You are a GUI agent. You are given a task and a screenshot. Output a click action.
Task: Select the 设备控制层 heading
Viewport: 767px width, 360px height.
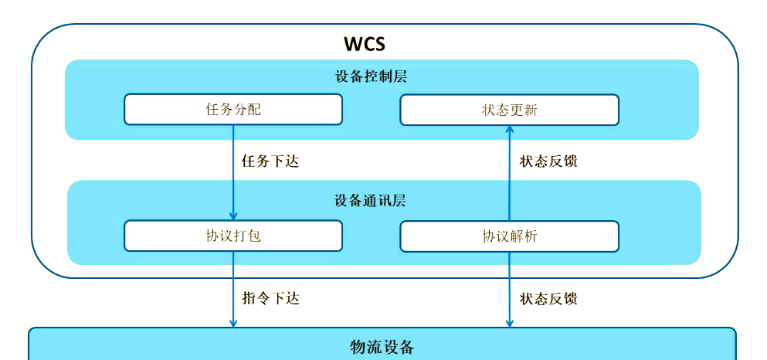click(x=371, y=76)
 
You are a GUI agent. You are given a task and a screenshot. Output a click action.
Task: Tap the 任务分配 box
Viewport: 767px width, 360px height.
click(x=233, y=109)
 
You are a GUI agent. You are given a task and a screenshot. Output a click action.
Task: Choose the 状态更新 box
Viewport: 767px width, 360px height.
click(x=509, y=110)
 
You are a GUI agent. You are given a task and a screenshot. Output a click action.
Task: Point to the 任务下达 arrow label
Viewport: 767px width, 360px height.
click(x=270, y=161)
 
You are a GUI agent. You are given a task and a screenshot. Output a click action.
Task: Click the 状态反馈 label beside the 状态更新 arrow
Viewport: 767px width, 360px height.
click(x=548, y=161)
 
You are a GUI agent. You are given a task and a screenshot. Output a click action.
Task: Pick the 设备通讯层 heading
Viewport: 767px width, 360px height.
click(x=370, y=201)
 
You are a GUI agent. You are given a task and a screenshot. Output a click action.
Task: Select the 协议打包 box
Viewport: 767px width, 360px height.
click(x=233, y=236)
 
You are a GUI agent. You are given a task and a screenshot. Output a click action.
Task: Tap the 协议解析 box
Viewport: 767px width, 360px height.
click(x=509, y=236)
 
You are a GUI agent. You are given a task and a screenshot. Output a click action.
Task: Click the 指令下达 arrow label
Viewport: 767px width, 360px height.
click(x=270, y=298)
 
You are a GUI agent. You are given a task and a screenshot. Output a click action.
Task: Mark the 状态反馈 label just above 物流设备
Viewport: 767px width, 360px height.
click(x=548, y=298)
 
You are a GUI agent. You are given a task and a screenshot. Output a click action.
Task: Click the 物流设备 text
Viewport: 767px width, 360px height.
click(x=382, y=347)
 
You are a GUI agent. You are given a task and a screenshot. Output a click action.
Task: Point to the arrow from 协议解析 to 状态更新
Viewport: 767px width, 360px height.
click(x=509, y=173)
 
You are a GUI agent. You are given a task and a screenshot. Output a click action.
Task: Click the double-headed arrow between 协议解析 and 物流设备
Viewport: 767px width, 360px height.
click(x=509, y=289)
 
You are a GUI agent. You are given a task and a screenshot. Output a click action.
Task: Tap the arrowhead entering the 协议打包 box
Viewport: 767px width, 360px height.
click(x=233, y=216)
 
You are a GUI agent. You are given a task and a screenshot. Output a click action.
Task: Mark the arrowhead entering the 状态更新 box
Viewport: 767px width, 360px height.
click(x=509, y=131)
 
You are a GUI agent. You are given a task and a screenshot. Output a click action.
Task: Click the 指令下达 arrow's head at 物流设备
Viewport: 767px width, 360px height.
click(x=233, y=322)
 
